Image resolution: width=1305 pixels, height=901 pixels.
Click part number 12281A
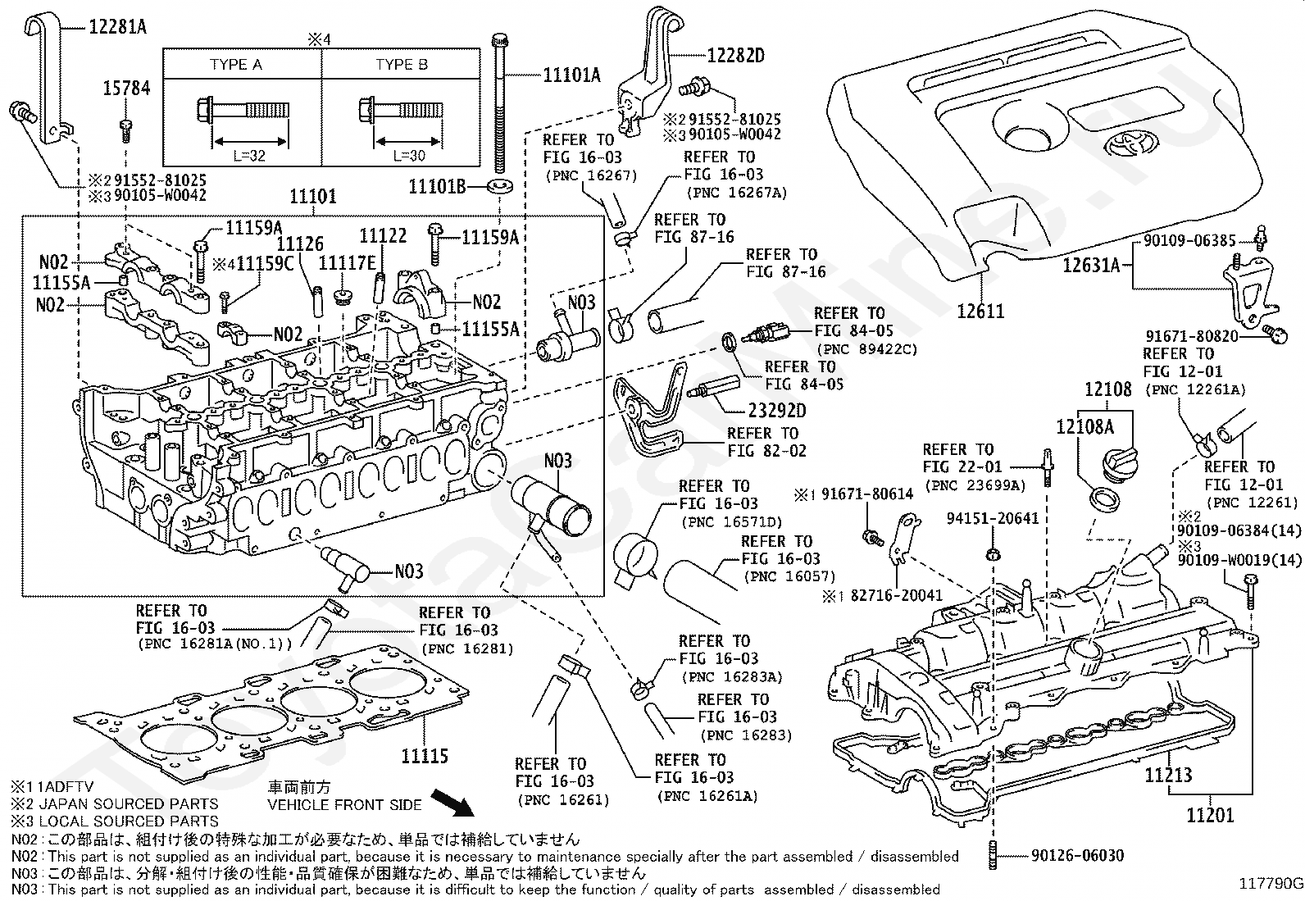117,26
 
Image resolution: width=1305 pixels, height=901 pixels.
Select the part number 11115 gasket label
425,754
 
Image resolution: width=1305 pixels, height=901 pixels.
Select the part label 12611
980,311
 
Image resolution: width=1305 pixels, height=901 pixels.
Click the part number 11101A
571,75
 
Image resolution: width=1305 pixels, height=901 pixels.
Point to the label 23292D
777,410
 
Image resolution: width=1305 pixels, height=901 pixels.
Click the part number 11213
1168,774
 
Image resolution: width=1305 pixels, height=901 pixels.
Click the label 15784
127,88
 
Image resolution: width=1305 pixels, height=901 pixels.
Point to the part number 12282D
735,56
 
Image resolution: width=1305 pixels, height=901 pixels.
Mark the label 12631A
1091,265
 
